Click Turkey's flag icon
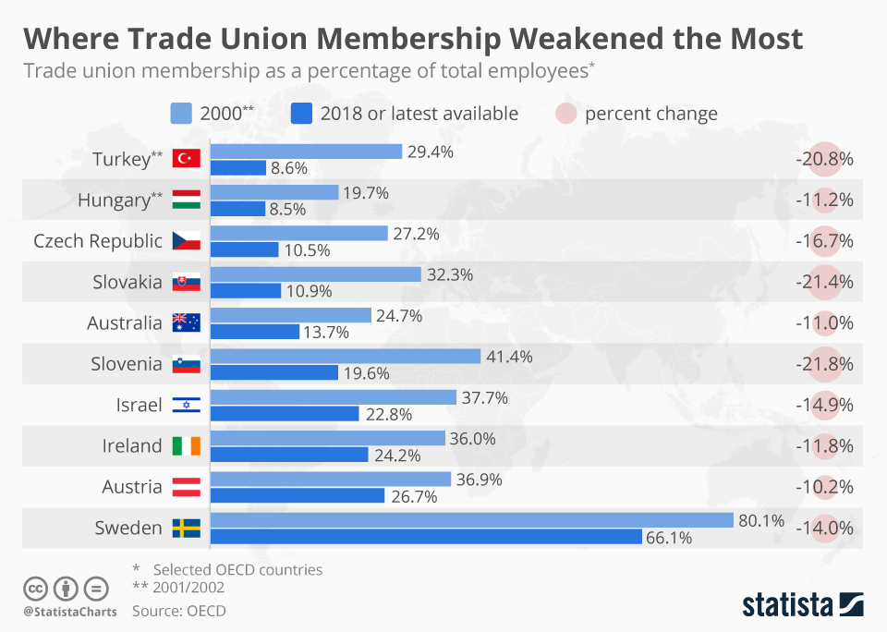click(186, 158)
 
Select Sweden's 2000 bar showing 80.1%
click(472, 520)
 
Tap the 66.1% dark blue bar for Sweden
click(426, 537)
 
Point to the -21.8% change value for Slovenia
click(824, 364)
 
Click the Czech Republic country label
click(98, 241)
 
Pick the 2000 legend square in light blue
click(181, 113)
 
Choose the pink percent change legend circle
click(565, 113)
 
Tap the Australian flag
click(186, 322)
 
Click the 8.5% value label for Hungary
click(287, 210)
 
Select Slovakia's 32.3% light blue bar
click(316, 274)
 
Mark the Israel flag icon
click(186, 405)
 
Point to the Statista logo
click(803, 604)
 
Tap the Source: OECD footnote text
click(178, 611)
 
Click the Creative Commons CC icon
click(35, 589)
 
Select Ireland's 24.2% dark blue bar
click(289, 455)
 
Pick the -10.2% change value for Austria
click(824, 487)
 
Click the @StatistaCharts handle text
click(70, 612)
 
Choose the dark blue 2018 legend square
click(301, 113)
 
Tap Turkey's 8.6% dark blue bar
click(238, 168)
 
